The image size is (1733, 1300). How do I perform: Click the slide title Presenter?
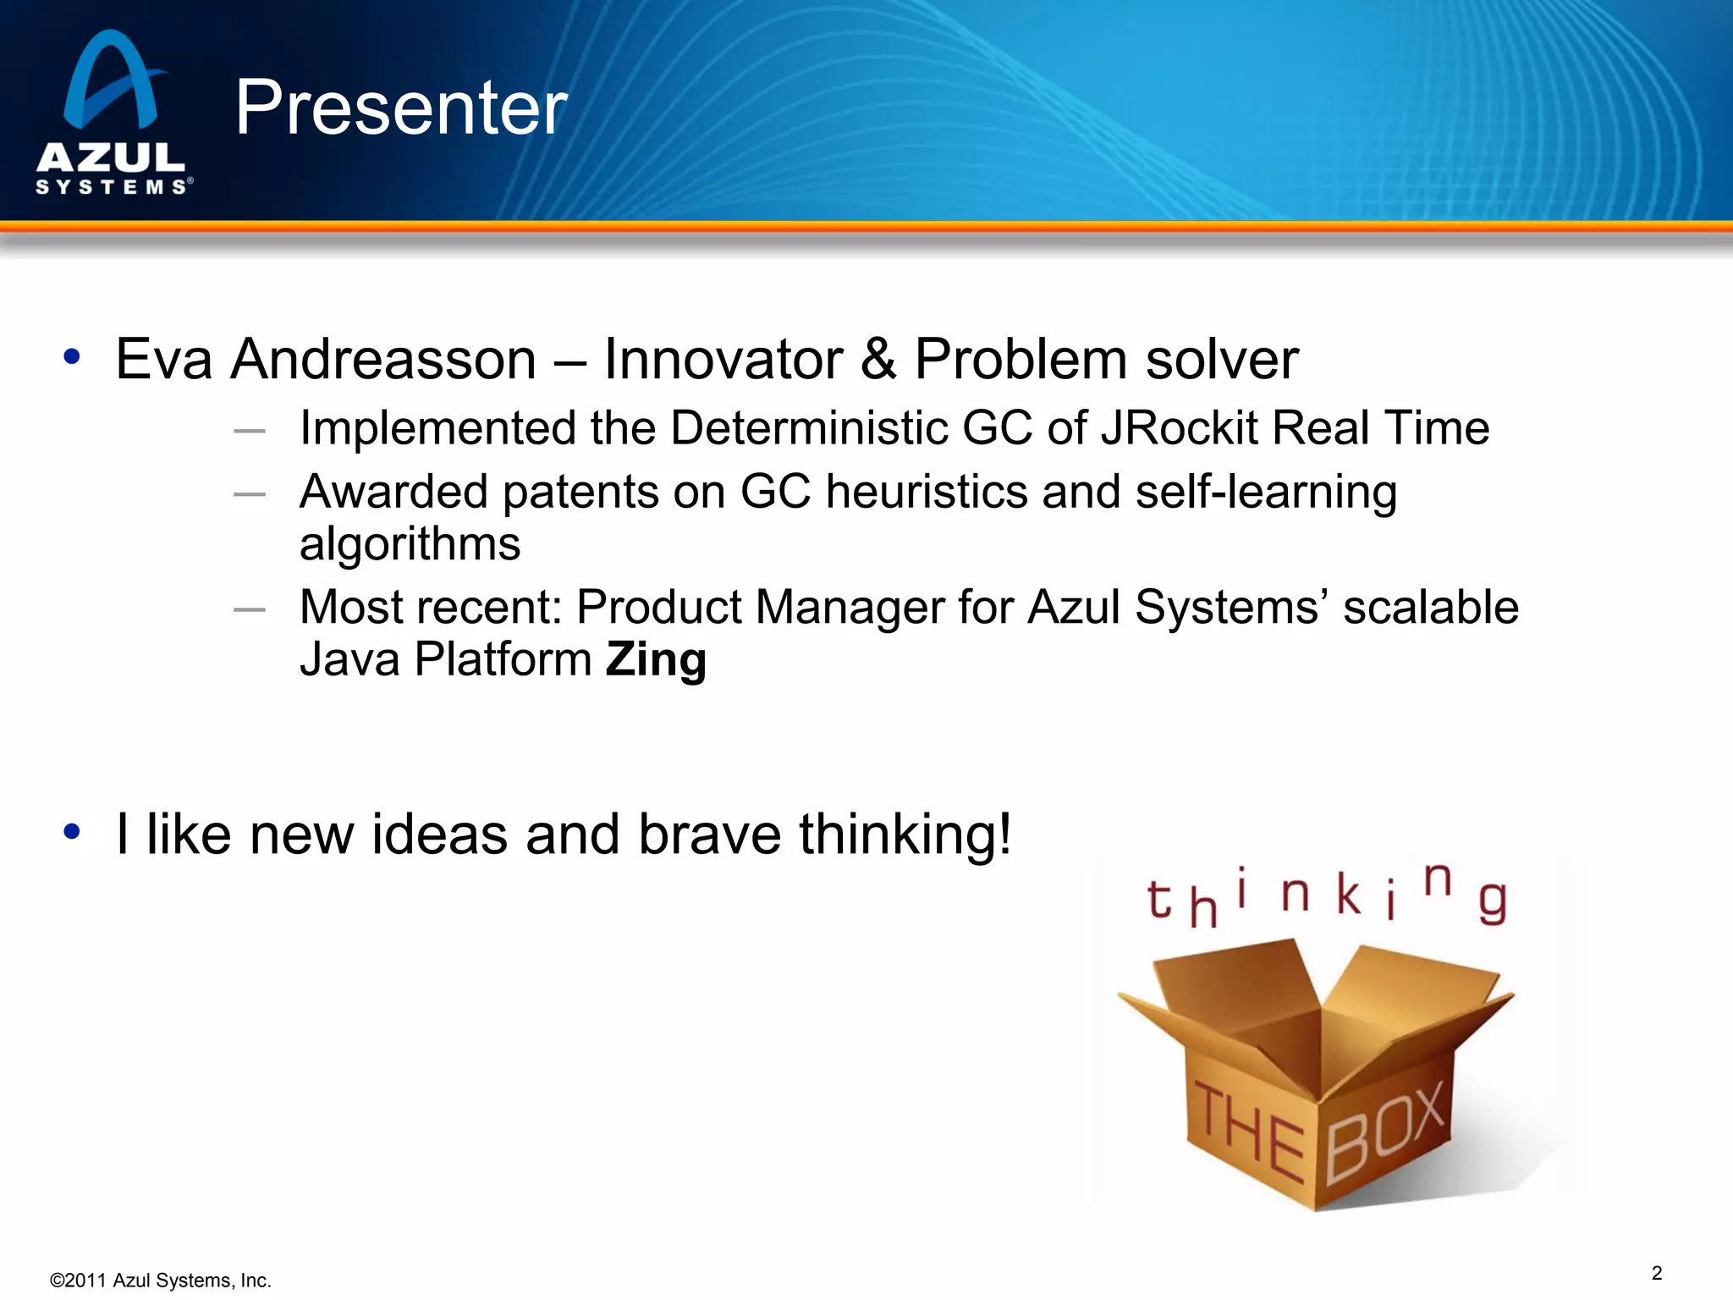(401, 107)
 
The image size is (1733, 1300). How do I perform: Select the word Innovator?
(723, 360)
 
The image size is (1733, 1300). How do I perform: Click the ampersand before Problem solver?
(878, 360)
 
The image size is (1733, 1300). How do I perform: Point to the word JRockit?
(1180, 427)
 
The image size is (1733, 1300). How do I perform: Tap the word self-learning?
(1266, 493)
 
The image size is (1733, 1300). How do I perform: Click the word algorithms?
(410, 544)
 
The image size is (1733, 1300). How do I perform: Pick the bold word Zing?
(656, 659)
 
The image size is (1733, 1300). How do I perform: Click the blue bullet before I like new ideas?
(72, 831)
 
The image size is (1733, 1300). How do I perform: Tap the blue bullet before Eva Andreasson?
(72, 356)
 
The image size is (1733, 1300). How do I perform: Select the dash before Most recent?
(250, 609)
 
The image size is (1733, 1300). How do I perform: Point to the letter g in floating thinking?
(1493, 902)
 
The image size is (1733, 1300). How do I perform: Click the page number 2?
(1657, 1273)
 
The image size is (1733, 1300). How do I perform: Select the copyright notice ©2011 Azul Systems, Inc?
(161, 1281)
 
